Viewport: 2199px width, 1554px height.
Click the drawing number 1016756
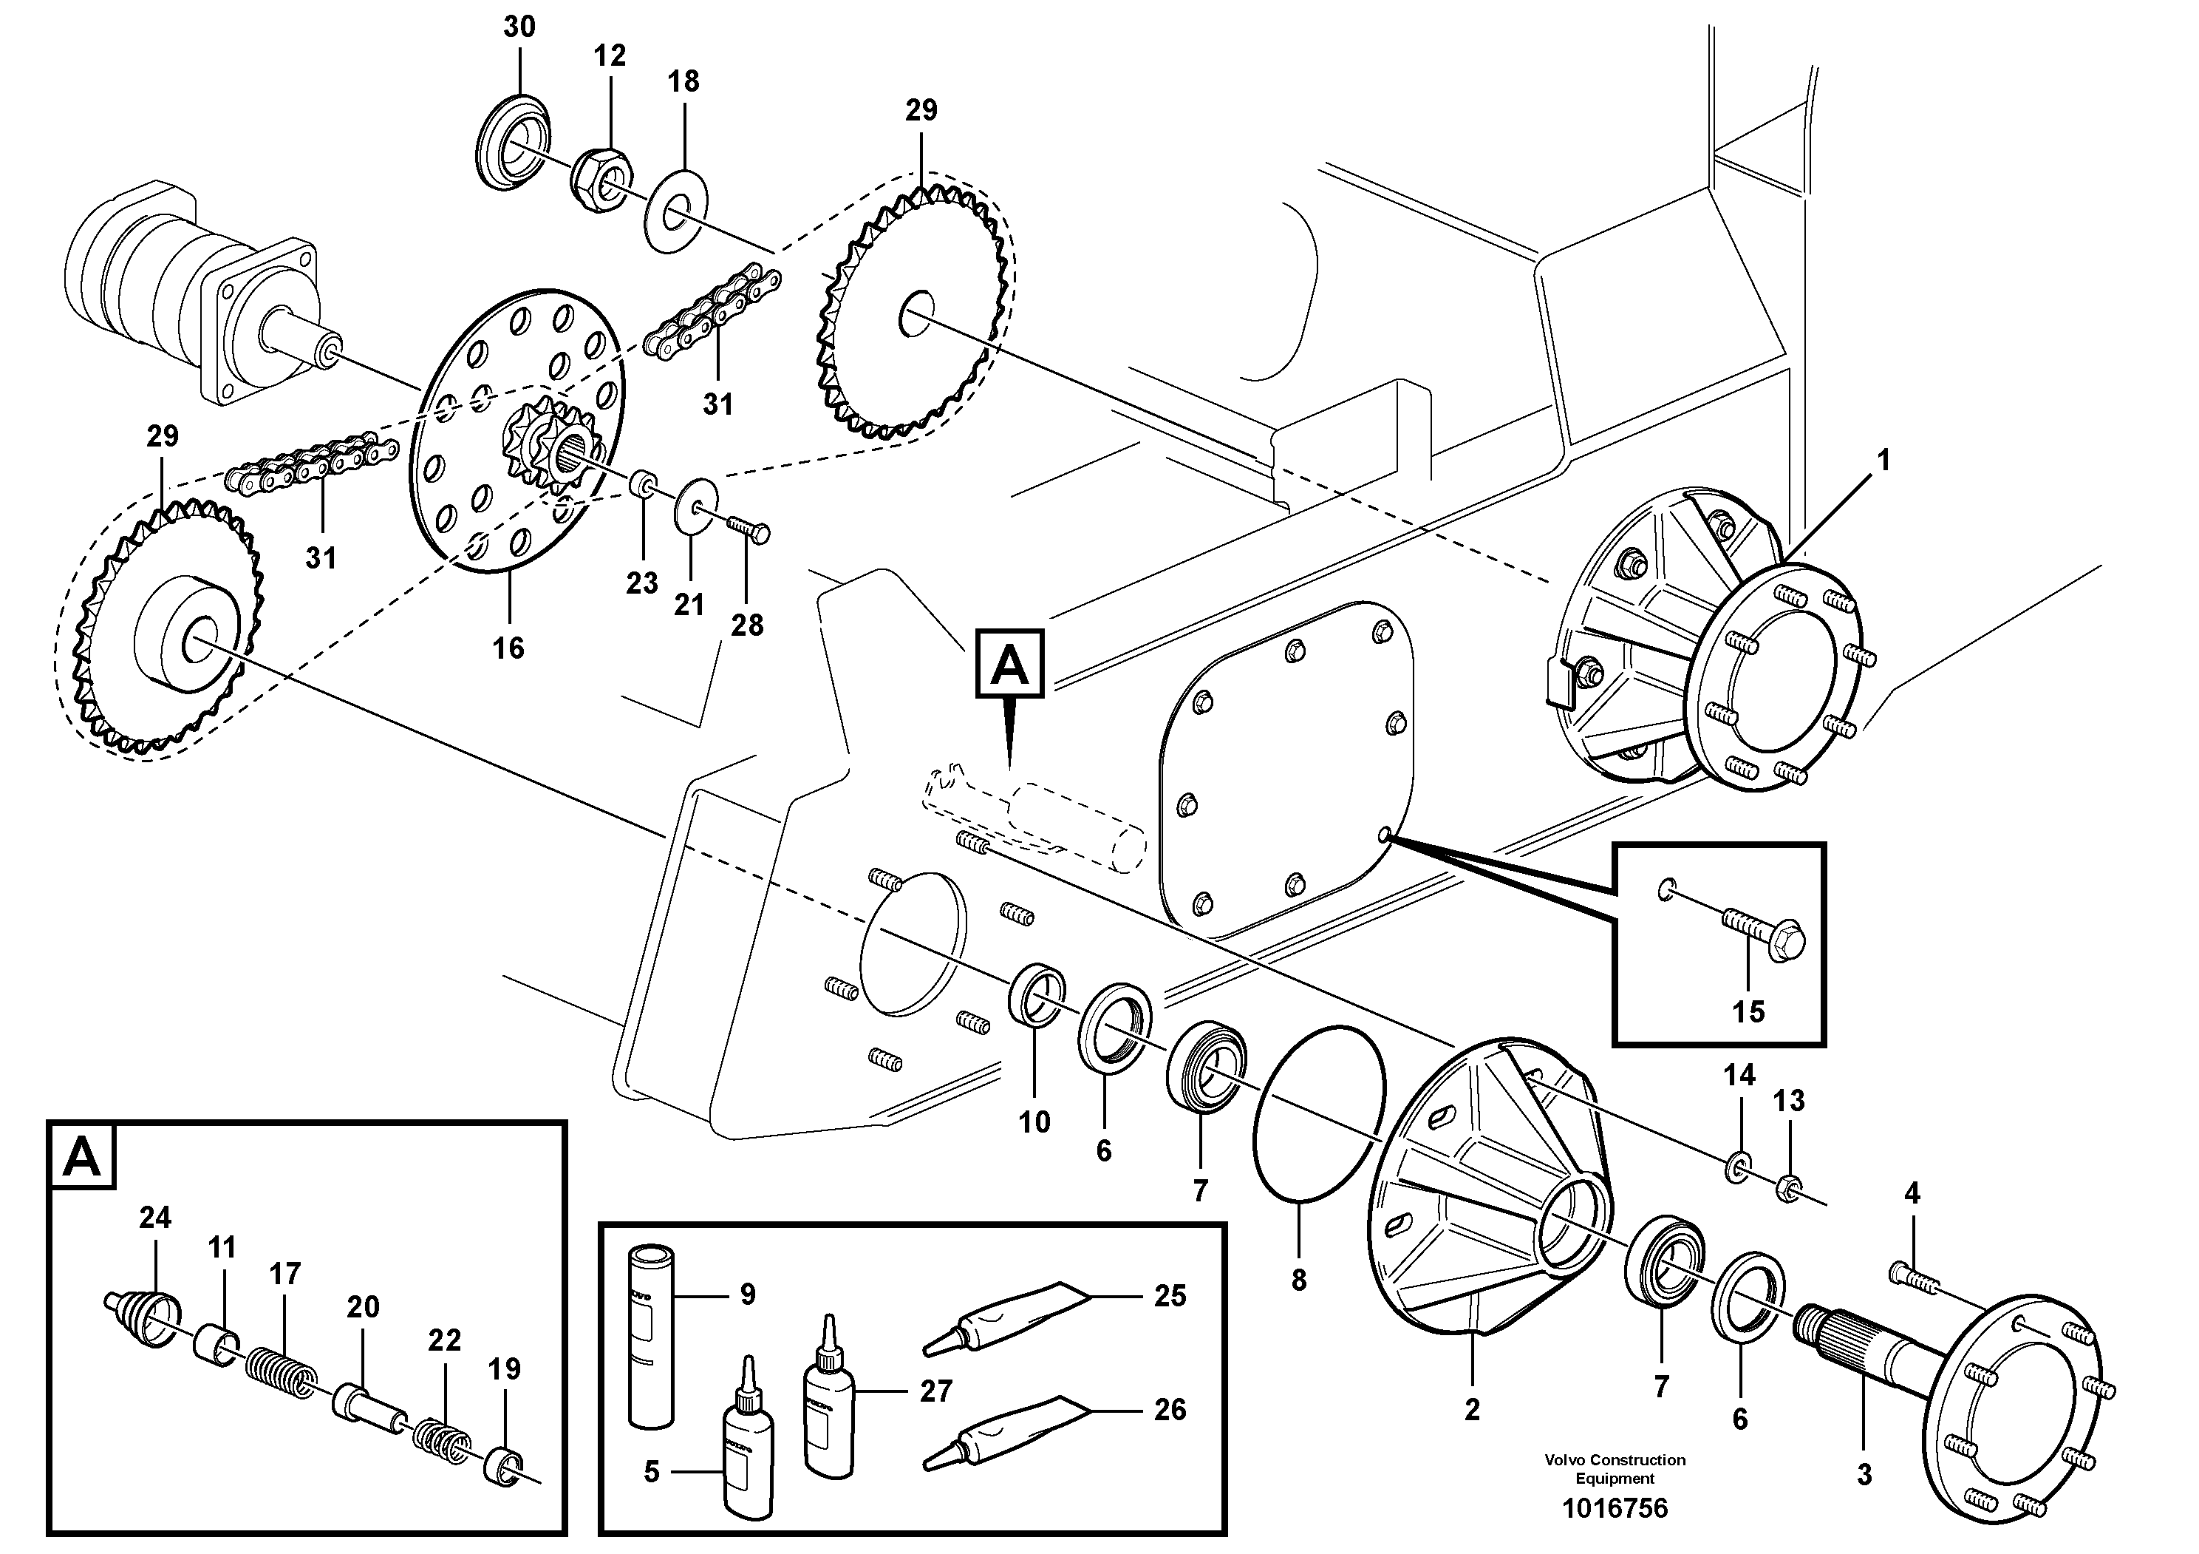point(1615,1509)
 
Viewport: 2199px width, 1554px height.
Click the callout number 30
point(519,27)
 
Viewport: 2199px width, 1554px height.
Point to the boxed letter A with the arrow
point(1009,664)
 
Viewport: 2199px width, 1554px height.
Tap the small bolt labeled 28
point(749,528)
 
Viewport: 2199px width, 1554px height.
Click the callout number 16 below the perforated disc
point(508,648)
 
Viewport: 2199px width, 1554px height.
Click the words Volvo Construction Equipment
point(1615,1469)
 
